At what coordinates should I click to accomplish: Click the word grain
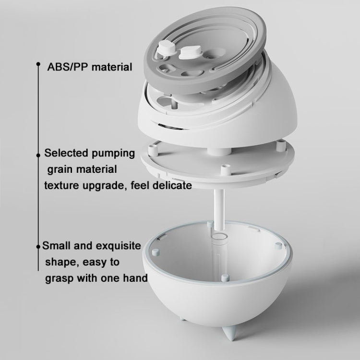coord(60,169)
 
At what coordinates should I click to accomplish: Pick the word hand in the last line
coord(135,278)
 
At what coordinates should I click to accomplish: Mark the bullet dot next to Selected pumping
coord(38,155)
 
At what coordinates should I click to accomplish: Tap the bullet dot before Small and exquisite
coord(39,247)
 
